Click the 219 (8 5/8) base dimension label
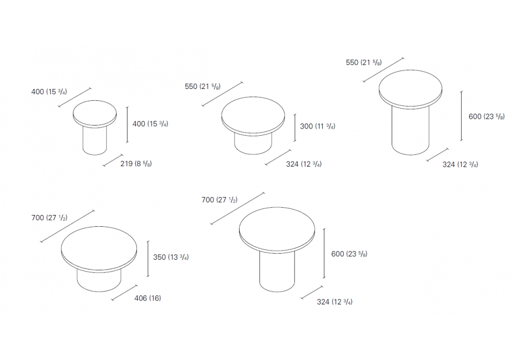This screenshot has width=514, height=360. pyautogui.click(x=136, y=164)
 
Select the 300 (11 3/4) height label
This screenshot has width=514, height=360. pyautogui.click(x=318, y=126)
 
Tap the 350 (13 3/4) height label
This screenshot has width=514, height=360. pyautogui.click(x=171, y=257)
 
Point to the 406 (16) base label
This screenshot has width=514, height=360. pyautogui.click(x=148, y=298)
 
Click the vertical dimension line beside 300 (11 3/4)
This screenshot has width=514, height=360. pyautogui.click(x=295, y=128)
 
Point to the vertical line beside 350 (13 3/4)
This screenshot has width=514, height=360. pyautogui.click(x=148, y=259)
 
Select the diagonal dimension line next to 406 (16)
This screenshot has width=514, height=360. pyautogui.click(x=124, y=293)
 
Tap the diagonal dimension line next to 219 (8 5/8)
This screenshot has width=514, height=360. pyautogui.click(x=113, y=160)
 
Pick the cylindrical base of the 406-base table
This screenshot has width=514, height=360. pyautogui.click(x=99, y=281)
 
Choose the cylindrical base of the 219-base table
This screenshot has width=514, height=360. pyautogui.click(x=95, y=141)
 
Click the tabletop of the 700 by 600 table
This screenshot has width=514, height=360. pyautogui.click(x=277, y=229)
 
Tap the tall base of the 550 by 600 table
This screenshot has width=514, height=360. pyautogui.click(x=410, y=131)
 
